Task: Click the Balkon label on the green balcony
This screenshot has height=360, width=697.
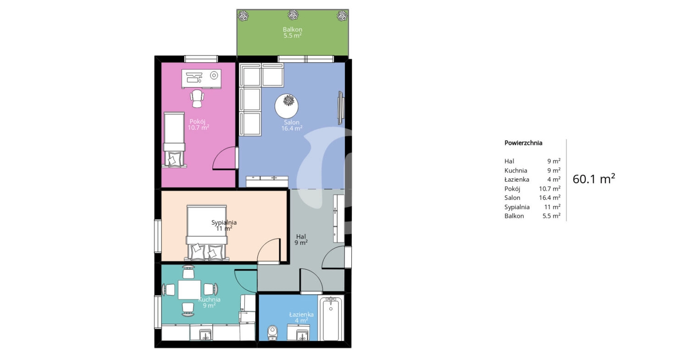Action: tap(292, 33)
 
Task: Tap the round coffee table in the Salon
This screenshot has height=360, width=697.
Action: tap(287, 106)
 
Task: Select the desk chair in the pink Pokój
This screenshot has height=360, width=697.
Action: tap(197, 99)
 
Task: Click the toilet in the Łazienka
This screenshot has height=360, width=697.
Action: tap(272, 333)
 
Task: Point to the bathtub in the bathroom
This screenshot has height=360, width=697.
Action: tap(331, 318)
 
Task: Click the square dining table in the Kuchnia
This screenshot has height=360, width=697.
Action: tap(189, 289)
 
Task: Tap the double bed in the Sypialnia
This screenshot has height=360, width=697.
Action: tap(207, 232)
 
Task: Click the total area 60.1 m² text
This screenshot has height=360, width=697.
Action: tap(594, 179)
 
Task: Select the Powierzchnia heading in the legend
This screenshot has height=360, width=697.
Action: tap(523, 143)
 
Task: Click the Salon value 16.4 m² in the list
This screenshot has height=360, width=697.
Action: tap(550, 198)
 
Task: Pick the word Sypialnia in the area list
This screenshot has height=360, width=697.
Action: tap(517, 207)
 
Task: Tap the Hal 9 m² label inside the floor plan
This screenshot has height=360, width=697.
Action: tap(301, 239)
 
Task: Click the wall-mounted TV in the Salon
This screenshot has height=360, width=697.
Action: tap(341, 108)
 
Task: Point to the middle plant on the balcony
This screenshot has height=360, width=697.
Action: tap(293, 15)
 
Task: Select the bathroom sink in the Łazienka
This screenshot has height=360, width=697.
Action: tap(299, 332)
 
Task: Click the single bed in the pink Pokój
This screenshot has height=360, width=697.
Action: tap(174, 139)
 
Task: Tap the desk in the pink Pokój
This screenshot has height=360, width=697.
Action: tap(201, 79)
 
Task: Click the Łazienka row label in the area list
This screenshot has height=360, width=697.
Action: tap(516, 179)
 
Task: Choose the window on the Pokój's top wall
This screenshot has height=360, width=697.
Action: tap(201, 59)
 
